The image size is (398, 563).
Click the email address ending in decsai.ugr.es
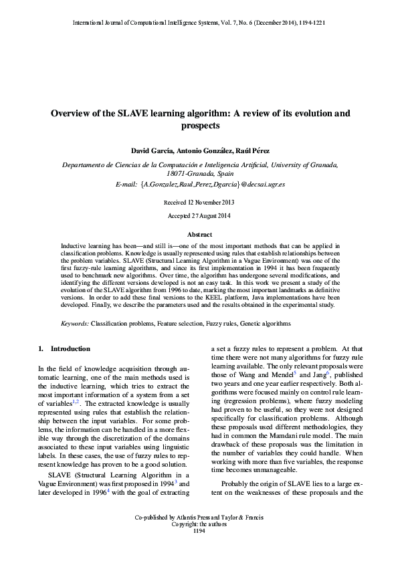click(201, 183)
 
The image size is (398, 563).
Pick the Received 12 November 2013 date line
click(199, 201)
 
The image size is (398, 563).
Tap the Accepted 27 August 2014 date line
click(199, 215)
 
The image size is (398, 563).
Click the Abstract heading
click(199, 235)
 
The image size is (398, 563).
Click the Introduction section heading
click(70, 349)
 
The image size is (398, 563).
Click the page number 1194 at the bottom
click(199, 550)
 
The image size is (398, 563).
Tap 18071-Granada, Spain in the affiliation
click(199, 173)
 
